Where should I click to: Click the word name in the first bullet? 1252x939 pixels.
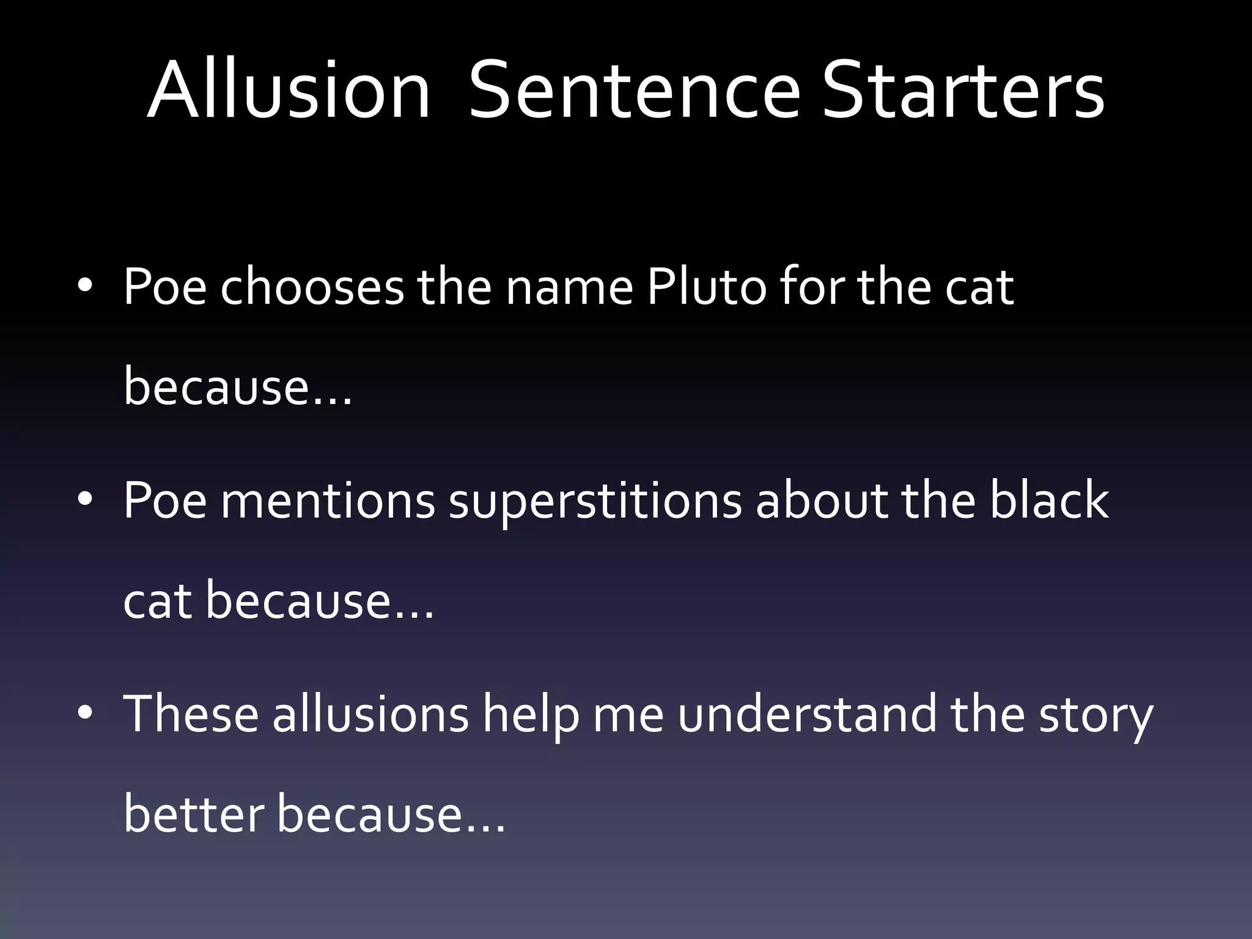click(x=569, y=287)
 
